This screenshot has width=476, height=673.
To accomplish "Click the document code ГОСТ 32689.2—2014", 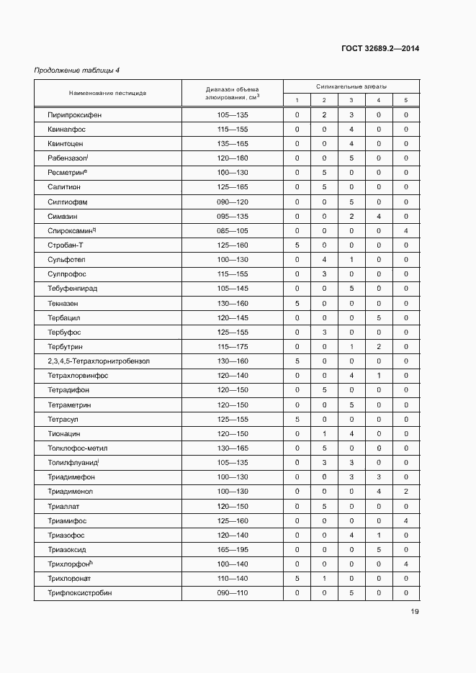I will click(380, 49).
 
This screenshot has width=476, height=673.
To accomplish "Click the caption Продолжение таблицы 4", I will click(77, 70).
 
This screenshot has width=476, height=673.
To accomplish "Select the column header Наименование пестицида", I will click(108, 93).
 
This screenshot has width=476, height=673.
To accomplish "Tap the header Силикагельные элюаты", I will click(351, 86).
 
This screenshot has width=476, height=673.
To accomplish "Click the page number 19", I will click(415, 612).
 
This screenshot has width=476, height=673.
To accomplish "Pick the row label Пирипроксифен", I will click(72, 114).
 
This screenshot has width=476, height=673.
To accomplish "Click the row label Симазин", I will click(63, 216).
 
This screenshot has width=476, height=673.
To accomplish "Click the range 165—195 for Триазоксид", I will click(232, 549).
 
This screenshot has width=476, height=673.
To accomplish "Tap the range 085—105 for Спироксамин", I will click(232, 230).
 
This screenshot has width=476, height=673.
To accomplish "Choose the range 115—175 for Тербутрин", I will click(232, 346).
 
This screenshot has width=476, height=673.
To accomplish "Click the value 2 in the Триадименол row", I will click(405, 491).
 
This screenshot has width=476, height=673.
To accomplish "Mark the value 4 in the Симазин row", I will click(378, 216).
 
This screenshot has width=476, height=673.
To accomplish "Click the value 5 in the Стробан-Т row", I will click(297, 245).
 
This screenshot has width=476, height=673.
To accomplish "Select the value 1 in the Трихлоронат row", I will click(324, 578).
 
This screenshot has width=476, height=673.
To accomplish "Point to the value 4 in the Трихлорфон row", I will click(405, 564).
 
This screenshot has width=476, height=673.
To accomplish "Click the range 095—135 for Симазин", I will click(232, 216).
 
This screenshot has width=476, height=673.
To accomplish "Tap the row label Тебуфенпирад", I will click(73, 289).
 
